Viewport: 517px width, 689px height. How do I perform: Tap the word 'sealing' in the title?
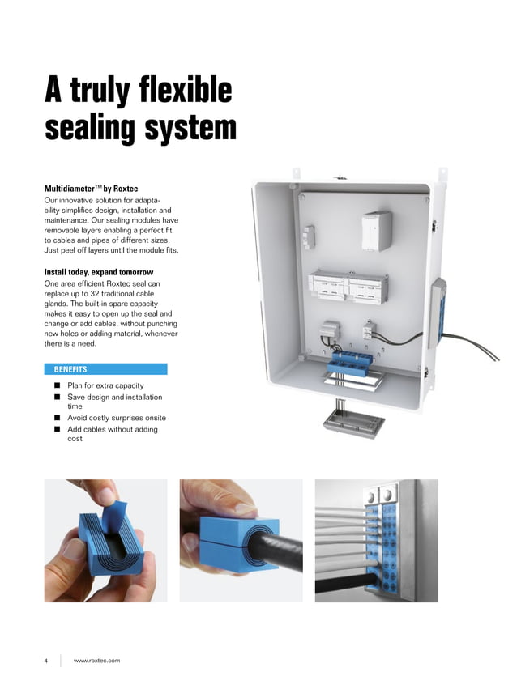coord(89,128)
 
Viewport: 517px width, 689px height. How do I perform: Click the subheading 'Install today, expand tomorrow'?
coord(98,271)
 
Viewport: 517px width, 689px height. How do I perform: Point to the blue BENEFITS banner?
coord(105,368)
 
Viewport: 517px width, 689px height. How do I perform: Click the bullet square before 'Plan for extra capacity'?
coord(58,386)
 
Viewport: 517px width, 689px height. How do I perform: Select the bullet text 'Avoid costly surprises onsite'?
coord(117,418)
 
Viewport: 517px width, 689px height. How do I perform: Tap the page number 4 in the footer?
coord(46,661)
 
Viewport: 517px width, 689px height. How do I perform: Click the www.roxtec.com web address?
coord(96,661)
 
